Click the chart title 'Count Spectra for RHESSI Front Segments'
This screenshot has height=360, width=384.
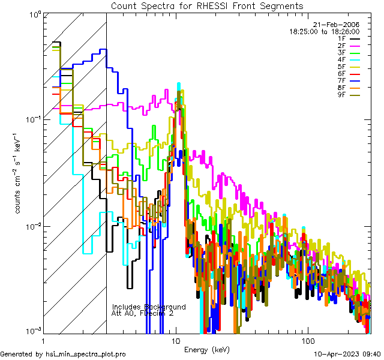tap(207, 5)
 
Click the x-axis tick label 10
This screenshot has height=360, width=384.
tap(176, 340)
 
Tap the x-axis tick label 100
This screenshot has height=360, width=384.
tap(307, 340)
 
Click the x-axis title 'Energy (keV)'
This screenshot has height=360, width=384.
tap(207, 349)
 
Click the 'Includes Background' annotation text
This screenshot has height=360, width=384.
tap(149, 307)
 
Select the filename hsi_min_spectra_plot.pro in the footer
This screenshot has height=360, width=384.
tap(86, 354)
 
